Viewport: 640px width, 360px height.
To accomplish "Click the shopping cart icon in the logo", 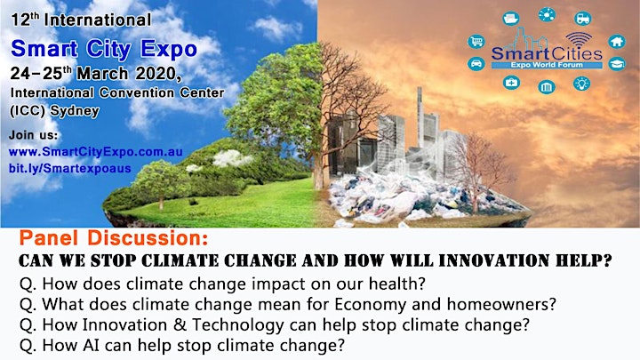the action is (476, 41).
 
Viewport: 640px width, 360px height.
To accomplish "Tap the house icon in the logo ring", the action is (617, 41).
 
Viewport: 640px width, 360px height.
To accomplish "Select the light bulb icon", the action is (581, 84).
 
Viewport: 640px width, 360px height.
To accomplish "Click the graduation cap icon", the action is (617, 64).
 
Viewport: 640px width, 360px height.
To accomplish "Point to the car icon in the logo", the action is (476, 64).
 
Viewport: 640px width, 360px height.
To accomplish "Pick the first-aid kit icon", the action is (511, 83).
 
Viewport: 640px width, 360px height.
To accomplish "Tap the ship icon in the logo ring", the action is (511, 19).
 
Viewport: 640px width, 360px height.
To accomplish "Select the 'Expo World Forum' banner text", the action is (547, 65).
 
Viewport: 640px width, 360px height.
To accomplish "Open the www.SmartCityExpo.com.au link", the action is (96, 152).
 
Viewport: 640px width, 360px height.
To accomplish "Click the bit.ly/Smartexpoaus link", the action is (70, 169).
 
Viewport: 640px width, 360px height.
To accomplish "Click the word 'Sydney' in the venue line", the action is (75, 111).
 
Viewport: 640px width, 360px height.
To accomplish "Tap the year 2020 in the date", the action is (156, 74).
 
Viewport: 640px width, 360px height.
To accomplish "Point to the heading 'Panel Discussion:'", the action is (114, 238).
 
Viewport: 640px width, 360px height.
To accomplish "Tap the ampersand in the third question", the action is (180, 325).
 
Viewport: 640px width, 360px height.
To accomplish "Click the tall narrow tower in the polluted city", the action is (420, 116).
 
